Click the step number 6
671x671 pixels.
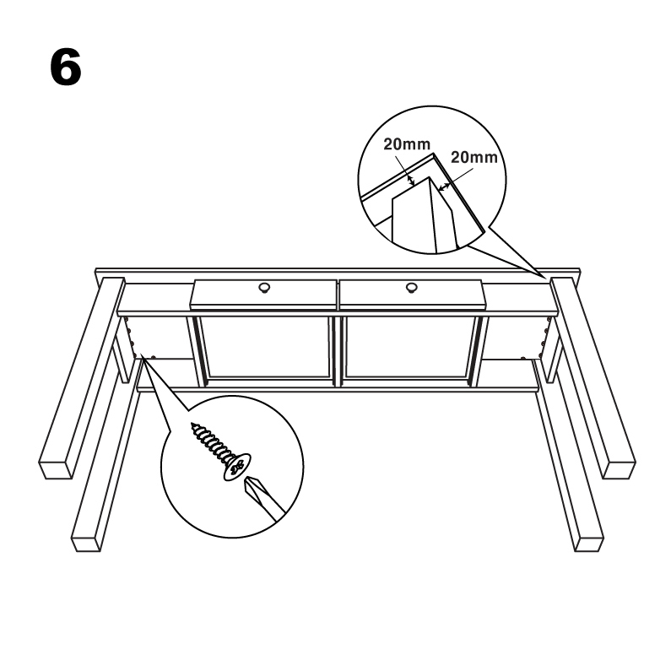[x=66, y=68]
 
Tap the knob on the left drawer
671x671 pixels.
[x=264, y=288]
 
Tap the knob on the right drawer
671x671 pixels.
[x=412, y=288]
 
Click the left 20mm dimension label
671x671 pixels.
[x=407, y=144]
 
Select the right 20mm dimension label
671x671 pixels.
[x=474, y=158]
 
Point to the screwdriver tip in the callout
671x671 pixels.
[x=251, y=485]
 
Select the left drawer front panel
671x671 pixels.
[x=264, y=295]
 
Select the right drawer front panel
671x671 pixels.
[x=412, y=295]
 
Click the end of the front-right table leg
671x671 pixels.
[x=588, y=543]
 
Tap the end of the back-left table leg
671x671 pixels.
[x=56, y=469]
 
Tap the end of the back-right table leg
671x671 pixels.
[x=619, y=469]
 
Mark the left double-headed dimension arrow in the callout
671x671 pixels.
[x=411, y=180]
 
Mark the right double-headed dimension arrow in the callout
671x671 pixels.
[x=444, y=187]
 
